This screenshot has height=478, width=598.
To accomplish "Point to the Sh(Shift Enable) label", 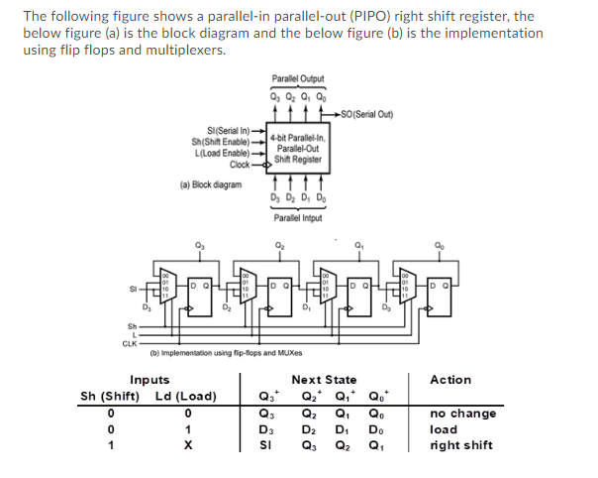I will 224,142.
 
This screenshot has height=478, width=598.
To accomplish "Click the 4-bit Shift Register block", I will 296,146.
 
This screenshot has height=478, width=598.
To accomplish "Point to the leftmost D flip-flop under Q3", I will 204,289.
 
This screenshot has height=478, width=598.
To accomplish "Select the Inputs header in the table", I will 149,380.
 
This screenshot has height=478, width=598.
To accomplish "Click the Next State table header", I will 324,380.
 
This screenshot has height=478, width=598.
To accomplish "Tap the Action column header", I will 450,380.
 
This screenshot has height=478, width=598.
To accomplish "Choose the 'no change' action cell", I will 462,414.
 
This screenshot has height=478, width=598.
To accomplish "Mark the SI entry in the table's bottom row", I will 263,445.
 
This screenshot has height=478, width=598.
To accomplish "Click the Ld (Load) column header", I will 186,397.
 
